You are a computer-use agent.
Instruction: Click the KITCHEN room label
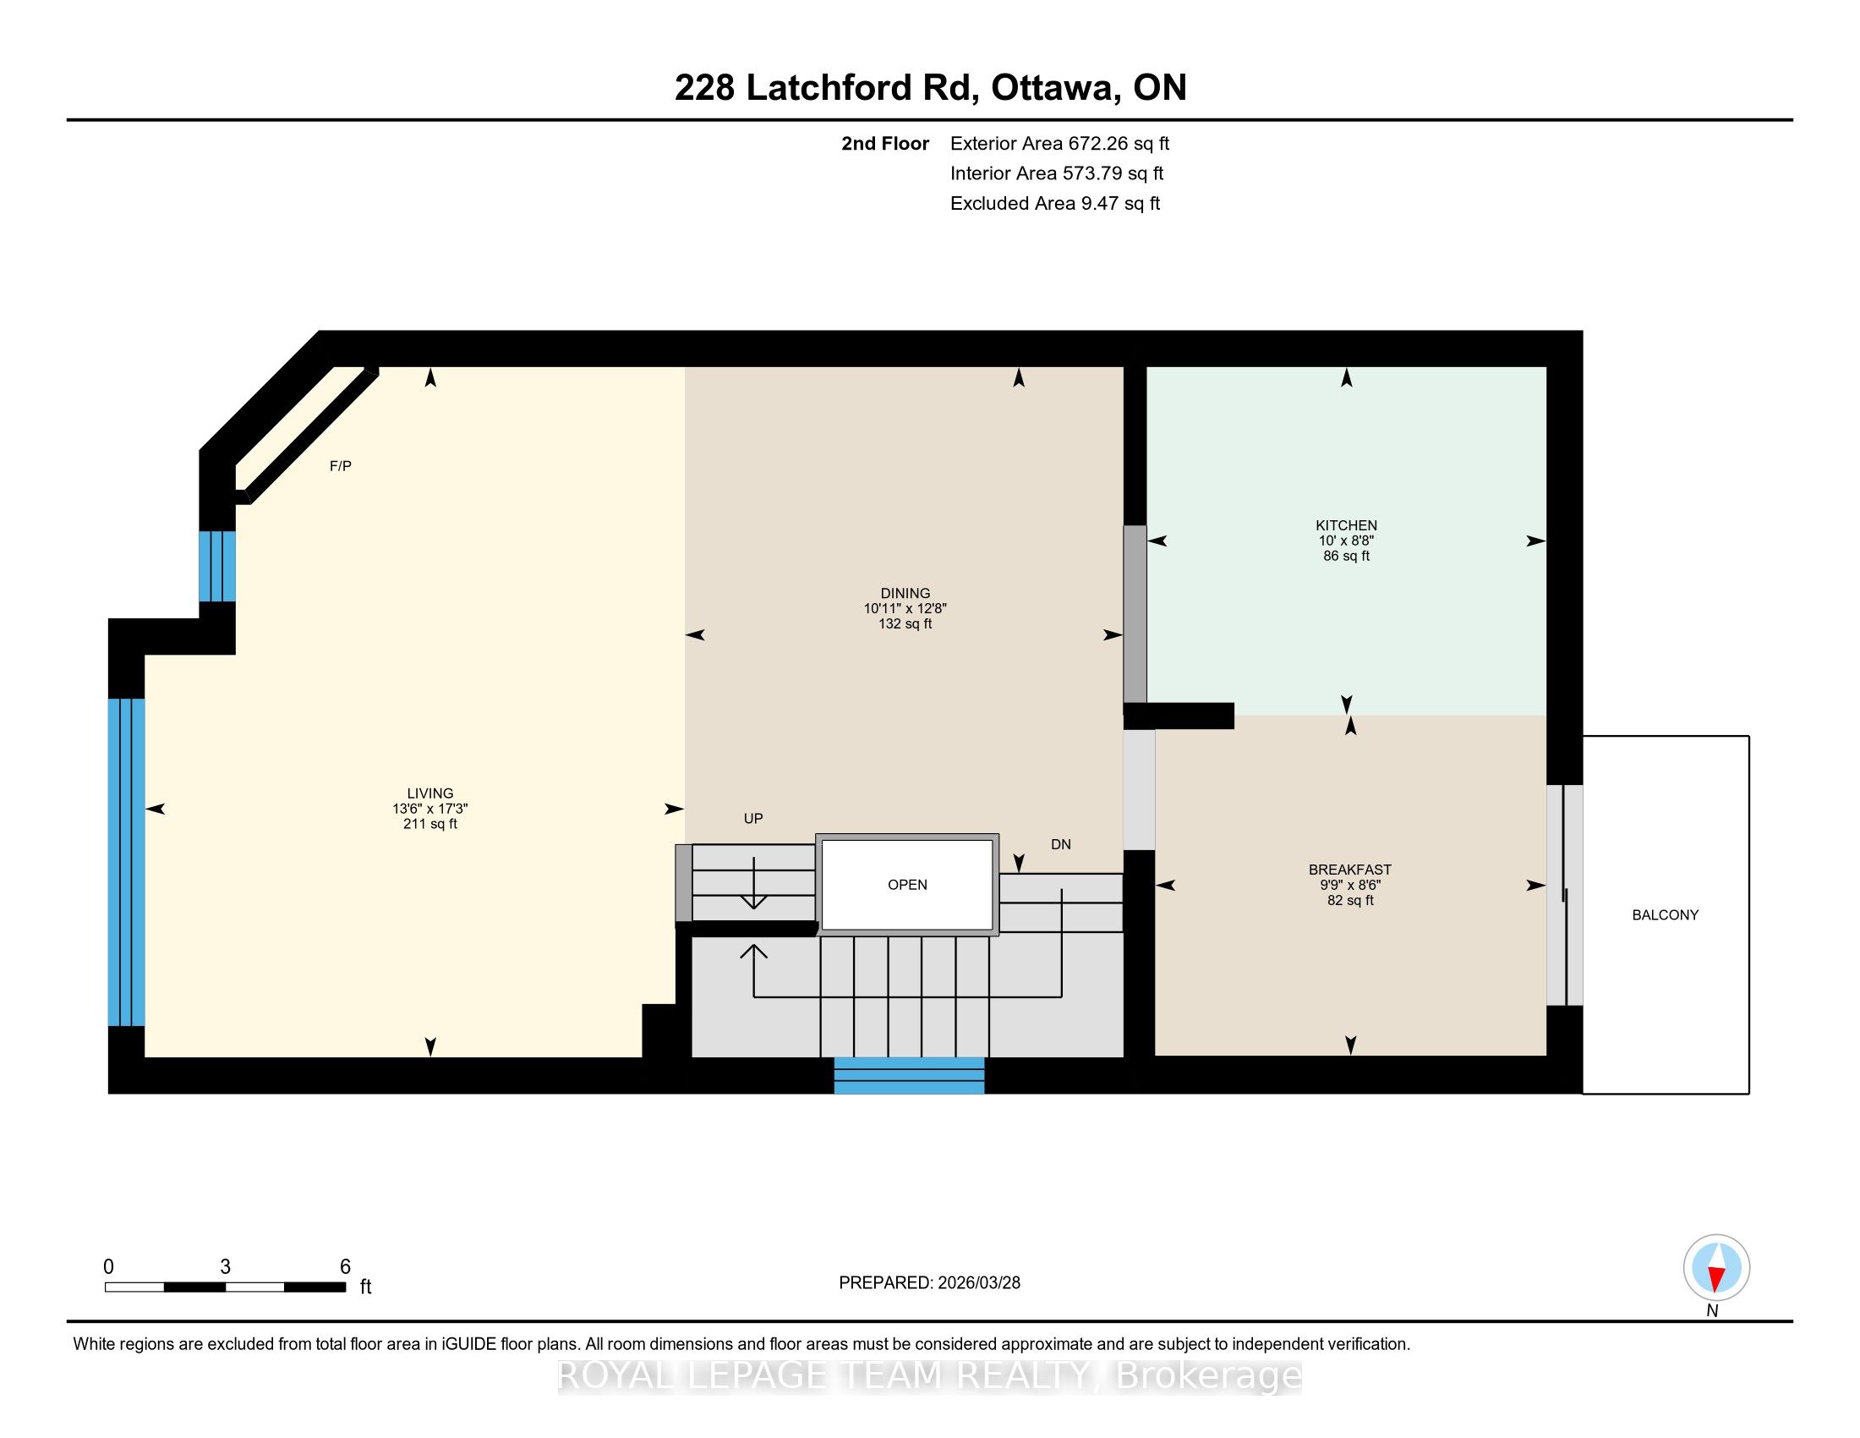[x=1346, y=525]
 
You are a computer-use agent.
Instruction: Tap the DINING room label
[x=905, y=593]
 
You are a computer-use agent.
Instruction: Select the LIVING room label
[x=430, y=793]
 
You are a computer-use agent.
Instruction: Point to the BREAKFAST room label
[x=1350, y=870]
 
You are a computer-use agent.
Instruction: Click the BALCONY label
[x=1665, y=915]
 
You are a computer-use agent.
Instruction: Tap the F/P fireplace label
[x=341, y=466]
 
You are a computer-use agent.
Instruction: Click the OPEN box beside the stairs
[x=907, y=884]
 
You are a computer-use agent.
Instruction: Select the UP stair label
[x=752, y=819]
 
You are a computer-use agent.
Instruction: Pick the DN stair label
[x=1060, y=844]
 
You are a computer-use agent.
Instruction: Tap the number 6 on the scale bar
[x=345, y=1267]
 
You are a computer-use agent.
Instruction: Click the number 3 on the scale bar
[x=225, y=1267]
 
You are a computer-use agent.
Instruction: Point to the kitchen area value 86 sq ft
[x=1346, y=557]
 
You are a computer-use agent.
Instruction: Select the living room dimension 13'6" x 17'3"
[x=430, y=809]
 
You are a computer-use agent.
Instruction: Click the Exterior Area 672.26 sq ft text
[x=1059, y=143]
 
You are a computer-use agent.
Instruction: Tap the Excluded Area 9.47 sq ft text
[x=1055, y=203]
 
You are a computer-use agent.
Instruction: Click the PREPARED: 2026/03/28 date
[x=929, y=1283]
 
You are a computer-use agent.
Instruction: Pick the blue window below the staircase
[x=909, y=1075]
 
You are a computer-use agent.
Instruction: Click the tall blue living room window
[x=126, y=862]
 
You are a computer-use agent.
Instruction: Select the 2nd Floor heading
[x=885, y=143]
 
